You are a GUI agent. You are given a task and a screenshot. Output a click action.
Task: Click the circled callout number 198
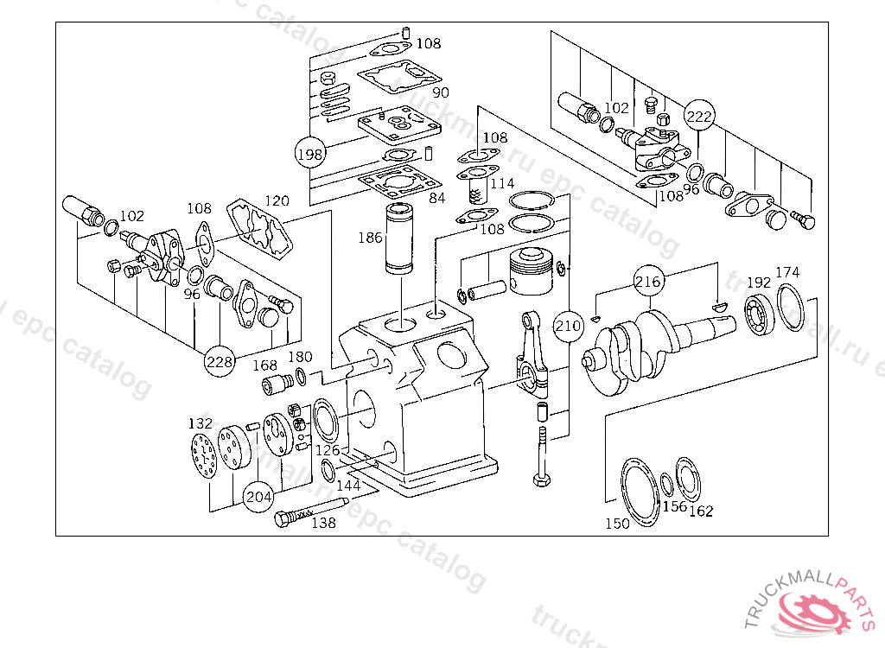(309, 155)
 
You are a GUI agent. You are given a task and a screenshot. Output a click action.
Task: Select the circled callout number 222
(699, 116)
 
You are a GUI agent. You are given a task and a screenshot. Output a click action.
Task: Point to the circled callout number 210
(568, 326)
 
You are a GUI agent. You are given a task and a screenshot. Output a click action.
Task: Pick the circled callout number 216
(648, 282)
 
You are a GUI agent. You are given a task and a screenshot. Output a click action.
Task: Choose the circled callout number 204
(258, 497)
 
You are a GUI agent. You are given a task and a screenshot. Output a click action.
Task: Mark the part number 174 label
(787, 272)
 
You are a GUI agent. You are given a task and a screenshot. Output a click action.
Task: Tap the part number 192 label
(758, 283)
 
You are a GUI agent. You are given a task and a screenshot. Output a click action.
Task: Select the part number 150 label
(617, 524)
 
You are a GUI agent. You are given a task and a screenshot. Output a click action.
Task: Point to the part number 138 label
(323, 523)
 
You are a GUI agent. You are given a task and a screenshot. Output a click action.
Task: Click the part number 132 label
(200, 423)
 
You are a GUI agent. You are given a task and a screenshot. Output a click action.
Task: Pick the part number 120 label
(277, 200)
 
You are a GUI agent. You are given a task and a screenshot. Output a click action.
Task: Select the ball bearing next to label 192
(758, 314)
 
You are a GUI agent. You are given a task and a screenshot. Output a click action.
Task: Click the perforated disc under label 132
(204, 455)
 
